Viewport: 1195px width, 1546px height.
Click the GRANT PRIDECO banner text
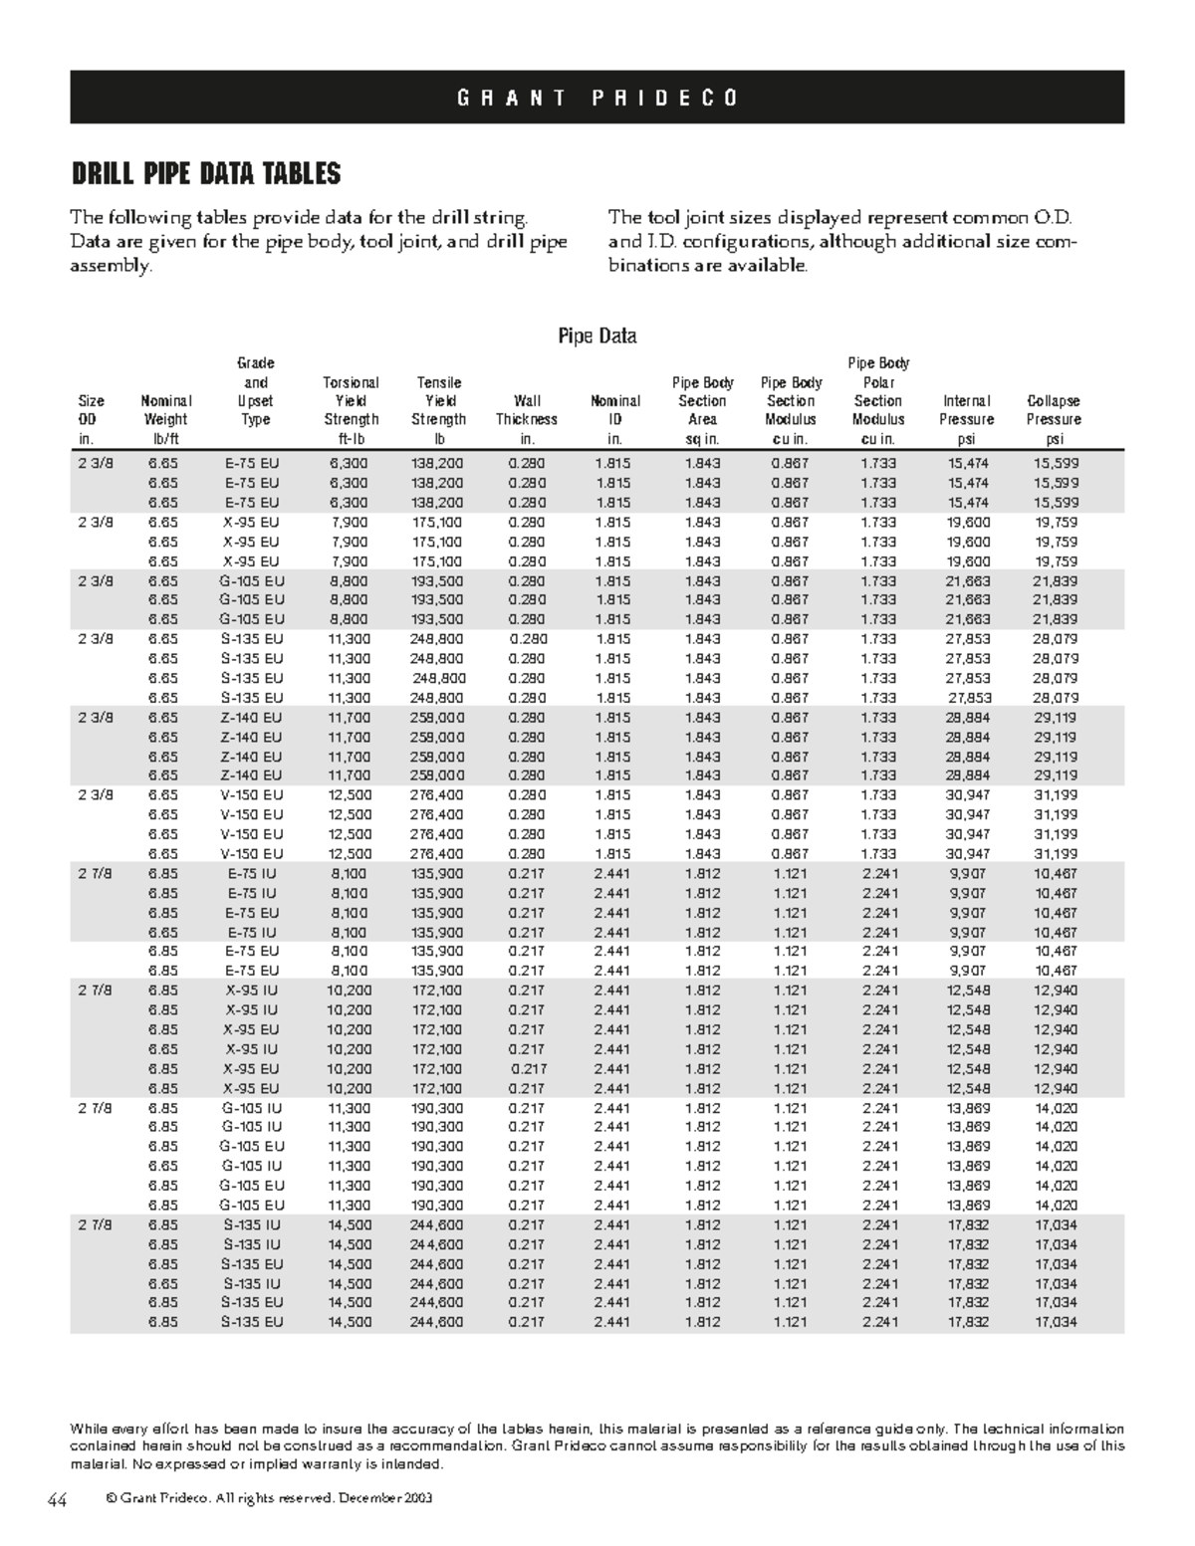[597, 98]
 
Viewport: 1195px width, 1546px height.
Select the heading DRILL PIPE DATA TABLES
[205, 174]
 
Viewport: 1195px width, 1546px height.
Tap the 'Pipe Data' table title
[597, 335]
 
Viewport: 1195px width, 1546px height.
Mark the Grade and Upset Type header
[256, 391]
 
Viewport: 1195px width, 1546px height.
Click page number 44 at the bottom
[56, 1501]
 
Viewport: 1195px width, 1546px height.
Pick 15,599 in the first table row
[1056, 463]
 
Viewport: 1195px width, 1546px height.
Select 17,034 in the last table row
[1056, 1322]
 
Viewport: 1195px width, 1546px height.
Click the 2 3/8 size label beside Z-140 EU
[96, 717]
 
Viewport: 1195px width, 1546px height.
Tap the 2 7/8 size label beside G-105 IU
[96, 1108]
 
